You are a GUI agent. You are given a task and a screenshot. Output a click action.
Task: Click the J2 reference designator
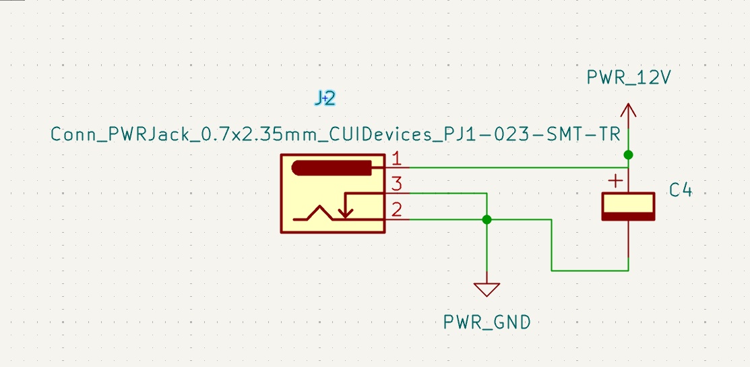click(x=325, y=98)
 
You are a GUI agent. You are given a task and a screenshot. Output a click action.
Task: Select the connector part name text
click(x=335, y=134)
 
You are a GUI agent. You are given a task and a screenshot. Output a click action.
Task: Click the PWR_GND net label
click(x=487, y=322)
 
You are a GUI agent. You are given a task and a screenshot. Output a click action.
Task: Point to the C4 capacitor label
click(x=680, y=190)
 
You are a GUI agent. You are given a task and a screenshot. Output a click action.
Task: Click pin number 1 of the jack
click(x=397, y=159)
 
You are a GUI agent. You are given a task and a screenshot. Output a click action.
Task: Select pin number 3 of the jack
click(x=397, y=183)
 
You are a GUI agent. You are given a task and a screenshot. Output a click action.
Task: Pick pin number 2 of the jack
click(x=397, y=210)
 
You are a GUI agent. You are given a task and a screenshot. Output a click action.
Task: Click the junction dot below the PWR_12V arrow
click(x=628, y=155)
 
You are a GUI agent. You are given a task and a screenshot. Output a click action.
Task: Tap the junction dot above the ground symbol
click(x=487, y=219)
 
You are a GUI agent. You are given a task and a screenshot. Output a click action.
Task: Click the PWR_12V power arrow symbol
click(x=628, y=112)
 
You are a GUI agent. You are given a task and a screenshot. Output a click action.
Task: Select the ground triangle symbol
click(x=487, y=289)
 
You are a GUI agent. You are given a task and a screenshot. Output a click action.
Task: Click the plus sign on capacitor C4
click(x=615, y=181)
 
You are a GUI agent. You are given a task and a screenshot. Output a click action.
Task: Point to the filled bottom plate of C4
click(x=628, y=216)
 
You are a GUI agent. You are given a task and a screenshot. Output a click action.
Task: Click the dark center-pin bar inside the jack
click(x=332, y=168)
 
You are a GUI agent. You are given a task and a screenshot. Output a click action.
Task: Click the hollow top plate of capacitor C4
click(x=628, y=202)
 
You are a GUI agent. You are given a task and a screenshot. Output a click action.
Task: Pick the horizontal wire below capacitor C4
click(x=590, y=271)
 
